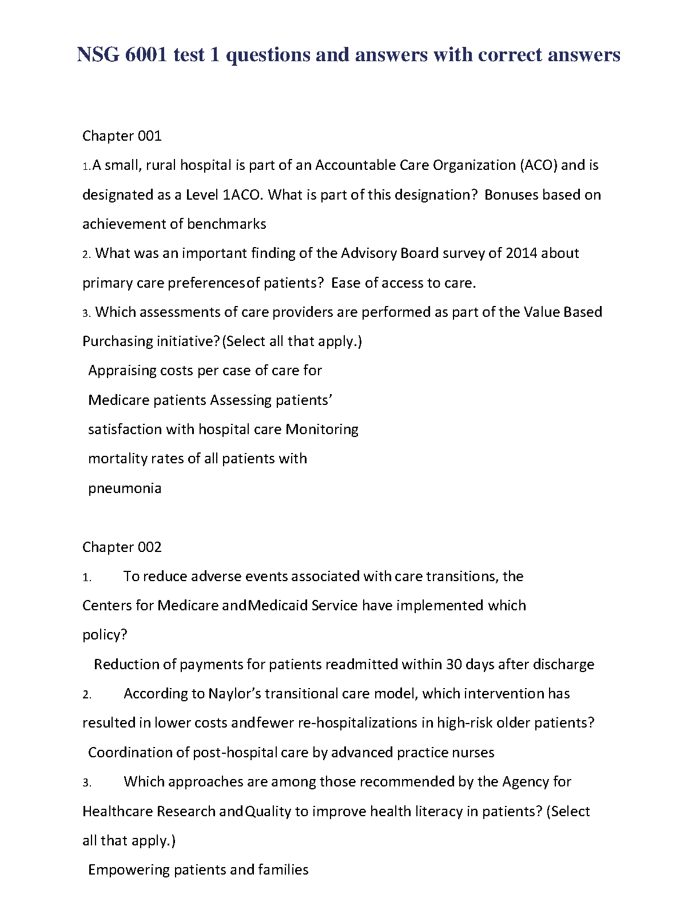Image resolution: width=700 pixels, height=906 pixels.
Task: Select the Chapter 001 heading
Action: (x=122, y=136)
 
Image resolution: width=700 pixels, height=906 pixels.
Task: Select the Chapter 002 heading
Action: (x=122, y=547)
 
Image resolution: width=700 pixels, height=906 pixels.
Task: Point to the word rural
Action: (x=162, y=165)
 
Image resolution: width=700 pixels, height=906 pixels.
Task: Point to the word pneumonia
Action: (x=125, y=488)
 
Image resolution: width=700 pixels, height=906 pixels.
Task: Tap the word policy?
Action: (x=105, y=635)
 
